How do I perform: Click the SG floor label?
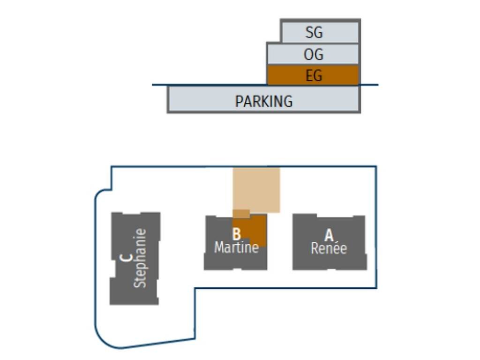coord(314,32)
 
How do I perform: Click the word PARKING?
coord(264,101)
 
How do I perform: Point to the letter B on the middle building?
coord(236,233)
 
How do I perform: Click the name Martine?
coord(236,247)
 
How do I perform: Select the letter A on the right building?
coord(329,235)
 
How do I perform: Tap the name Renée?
coord(329,248)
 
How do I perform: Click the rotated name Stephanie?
coord(140,258)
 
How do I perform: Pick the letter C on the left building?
coord(125,258)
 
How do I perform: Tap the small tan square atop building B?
coord(241,214)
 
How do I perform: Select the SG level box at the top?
coord(337,31)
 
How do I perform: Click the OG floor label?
coord(314,54)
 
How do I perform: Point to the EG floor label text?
coord(314,75)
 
